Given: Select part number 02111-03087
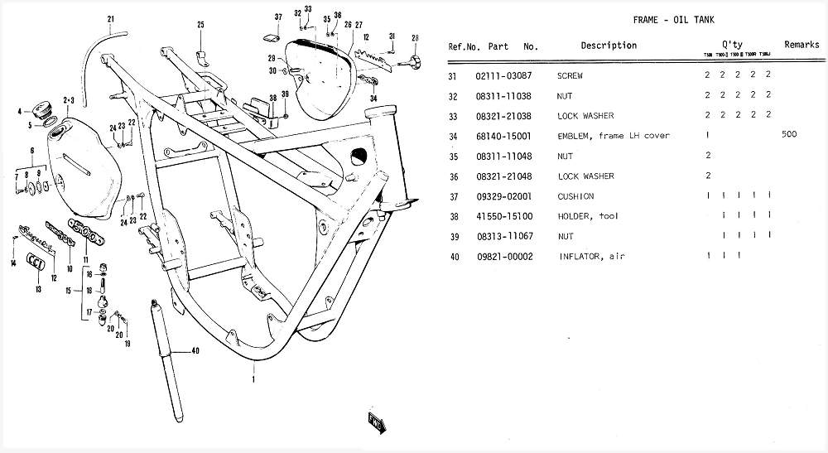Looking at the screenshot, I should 503,75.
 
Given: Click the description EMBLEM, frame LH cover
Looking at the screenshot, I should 614,136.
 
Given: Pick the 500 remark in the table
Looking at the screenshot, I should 788,135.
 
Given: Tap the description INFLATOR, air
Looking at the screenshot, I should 591,257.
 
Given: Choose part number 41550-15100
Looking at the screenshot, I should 503,216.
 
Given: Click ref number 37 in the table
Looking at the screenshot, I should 453,196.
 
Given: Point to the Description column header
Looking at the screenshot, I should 609,46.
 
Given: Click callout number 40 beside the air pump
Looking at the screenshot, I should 195,351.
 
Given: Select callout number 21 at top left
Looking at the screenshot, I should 111,19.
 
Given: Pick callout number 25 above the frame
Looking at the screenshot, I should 200,25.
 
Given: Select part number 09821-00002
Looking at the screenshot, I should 503,257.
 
